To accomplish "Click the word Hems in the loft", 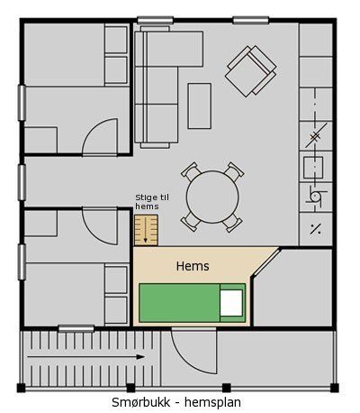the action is coord(193,266).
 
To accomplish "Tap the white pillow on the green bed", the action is coord(231,303).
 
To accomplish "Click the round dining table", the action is coord(212,197).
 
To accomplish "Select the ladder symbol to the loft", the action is coord(146,230).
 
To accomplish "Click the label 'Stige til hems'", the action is coord(152,202).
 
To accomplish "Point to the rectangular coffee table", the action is coord(200,106).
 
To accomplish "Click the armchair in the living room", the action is coord(251,71).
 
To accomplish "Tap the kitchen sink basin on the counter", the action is coord(313,167).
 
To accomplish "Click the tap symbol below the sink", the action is coord(315,197).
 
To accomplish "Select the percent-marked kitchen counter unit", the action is coord(316,229).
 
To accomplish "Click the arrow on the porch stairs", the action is coord(85,357).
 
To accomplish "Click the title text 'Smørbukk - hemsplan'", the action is coord(176,402).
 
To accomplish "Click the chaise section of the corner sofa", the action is coord(173,49).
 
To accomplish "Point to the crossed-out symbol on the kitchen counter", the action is coord(316,136).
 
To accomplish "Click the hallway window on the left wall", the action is coord(22,182).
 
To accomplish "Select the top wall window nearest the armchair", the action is coord(251,21).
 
